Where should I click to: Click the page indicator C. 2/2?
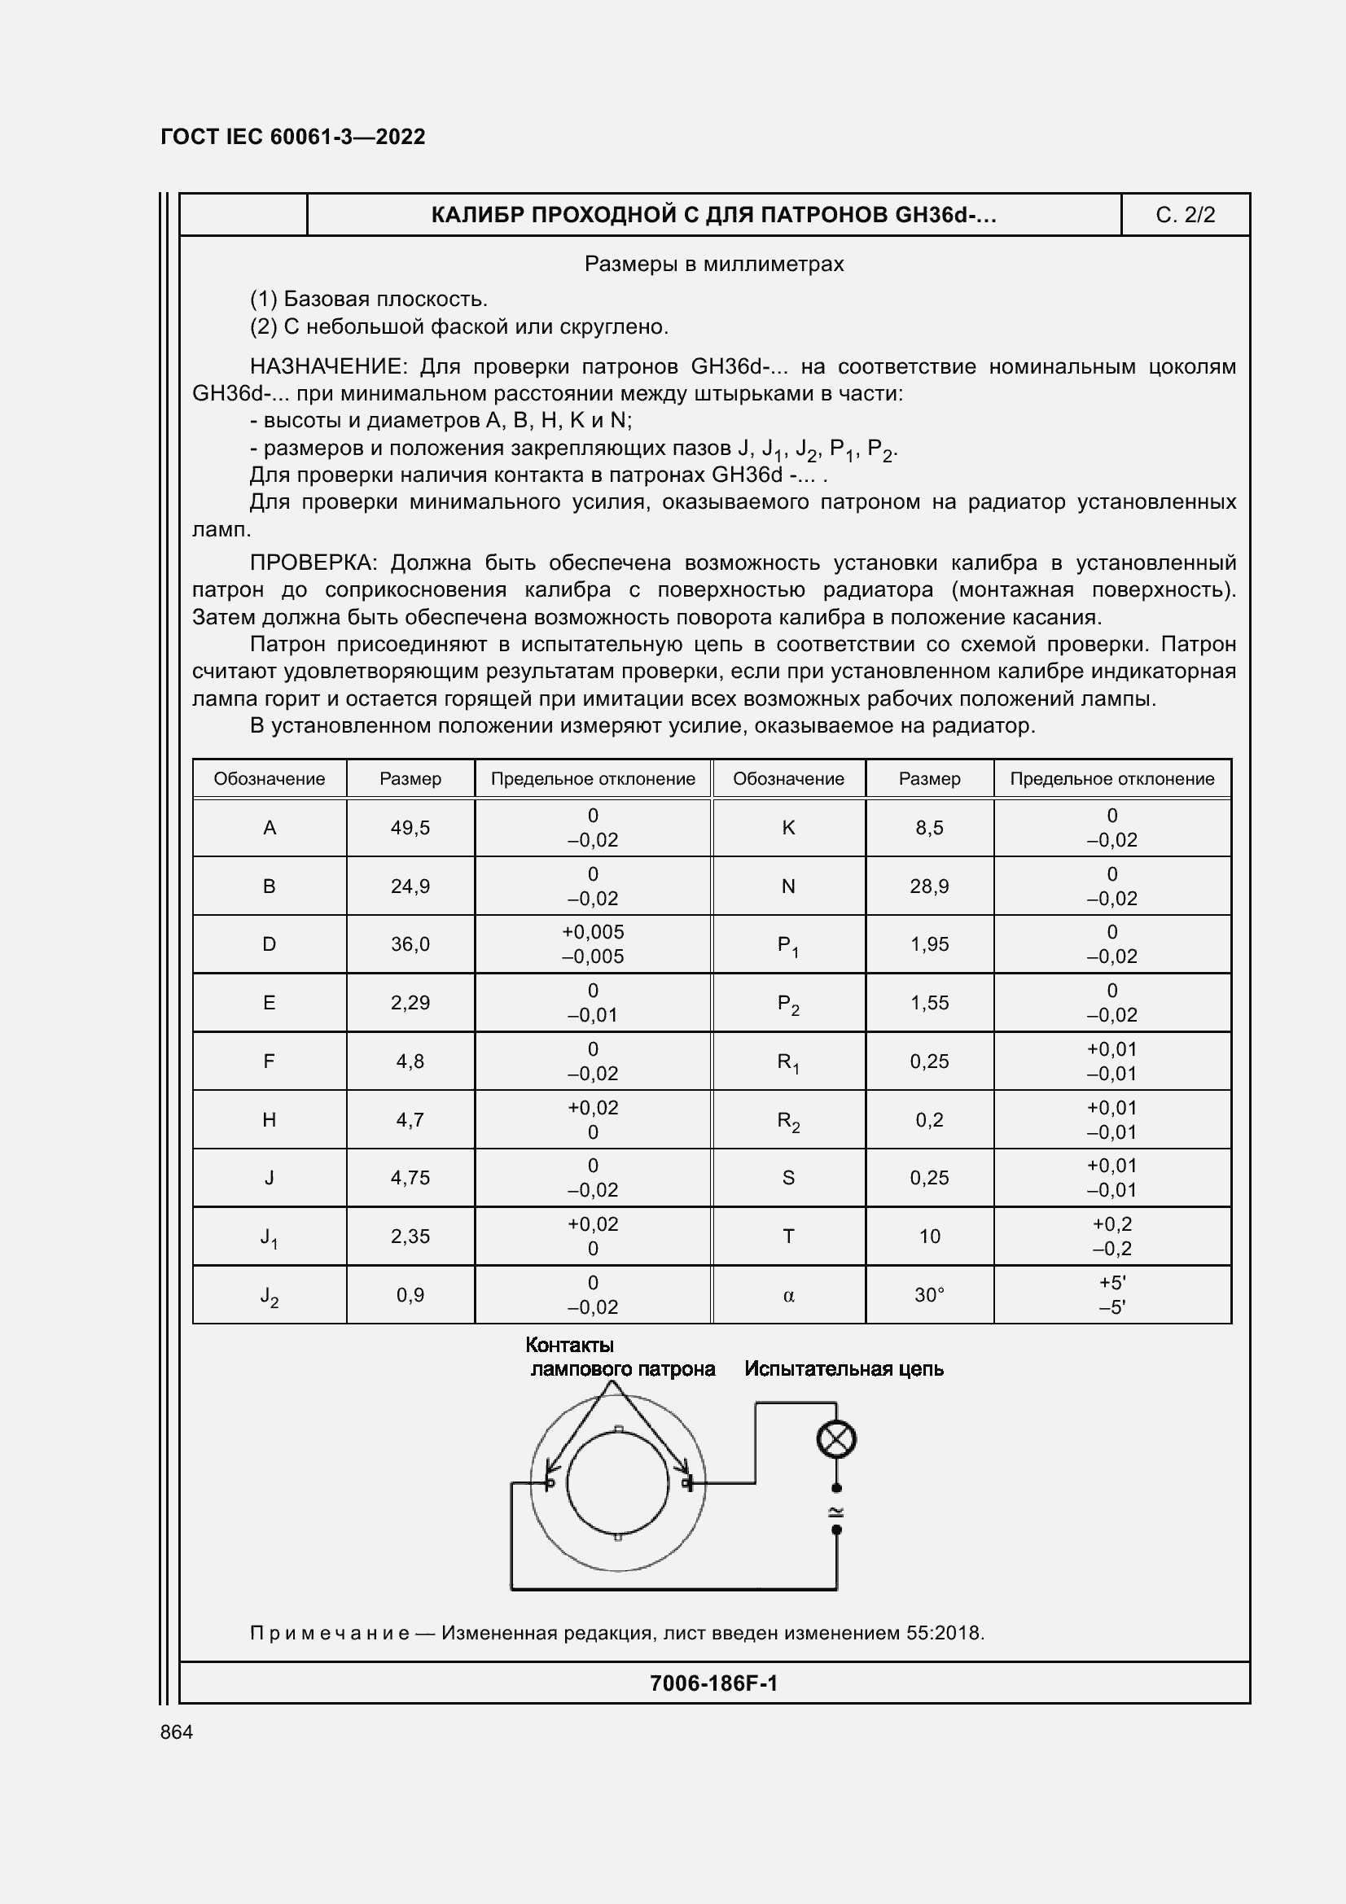pos(1184,216)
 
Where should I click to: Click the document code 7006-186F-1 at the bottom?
pos(713,1683)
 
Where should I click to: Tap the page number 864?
pos(177,1731)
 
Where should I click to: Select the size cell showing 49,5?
pos(410,828)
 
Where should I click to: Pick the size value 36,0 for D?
pos(410,943)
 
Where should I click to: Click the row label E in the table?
pos(269,1003)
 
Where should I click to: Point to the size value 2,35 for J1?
pos(410,1236)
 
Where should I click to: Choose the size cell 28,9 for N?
pos(929,886)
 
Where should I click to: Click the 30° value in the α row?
pos(929,1294)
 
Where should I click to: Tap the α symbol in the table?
pos(788,1295)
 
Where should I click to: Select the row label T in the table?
pos(788,1237)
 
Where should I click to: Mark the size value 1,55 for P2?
pos(929,1003)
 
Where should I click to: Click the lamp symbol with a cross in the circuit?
pos(836,1438)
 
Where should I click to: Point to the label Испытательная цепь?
pos(844,1368)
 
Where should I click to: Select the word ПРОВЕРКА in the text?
pos(312,562)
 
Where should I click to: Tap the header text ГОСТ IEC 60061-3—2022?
pos(293,137)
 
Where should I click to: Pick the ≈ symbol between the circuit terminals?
pos(836,1510)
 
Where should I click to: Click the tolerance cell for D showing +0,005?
pos(592,932)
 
